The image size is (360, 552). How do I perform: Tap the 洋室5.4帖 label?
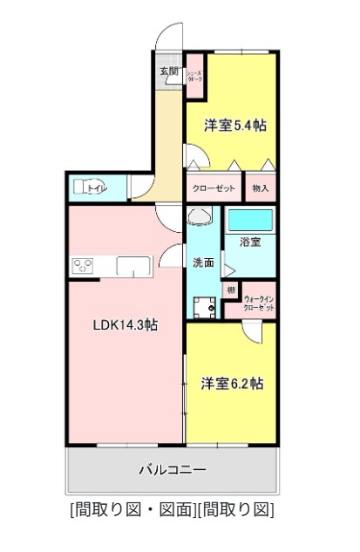(234, 126)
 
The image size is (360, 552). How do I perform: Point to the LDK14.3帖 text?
(126, 324)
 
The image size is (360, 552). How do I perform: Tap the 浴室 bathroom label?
(250, 242)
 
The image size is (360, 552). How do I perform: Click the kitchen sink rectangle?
(132, 265)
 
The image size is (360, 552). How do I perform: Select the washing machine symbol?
(206, 306)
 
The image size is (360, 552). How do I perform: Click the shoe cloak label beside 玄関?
(196, 76)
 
